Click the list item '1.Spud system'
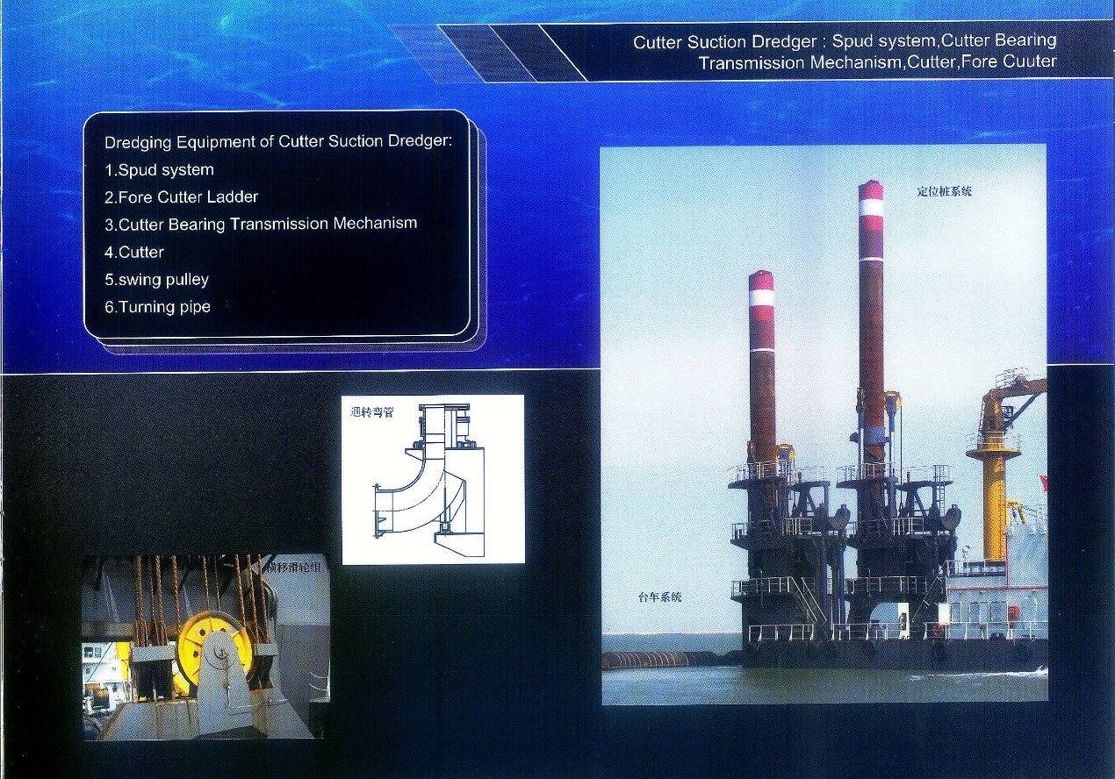coord(159,170)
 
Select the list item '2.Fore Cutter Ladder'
coord(181,197)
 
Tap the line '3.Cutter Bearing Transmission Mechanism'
coord(261,224)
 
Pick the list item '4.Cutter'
coord(134,252)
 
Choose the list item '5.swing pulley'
coord(157,280)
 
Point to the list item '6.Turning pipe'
coord(157,307)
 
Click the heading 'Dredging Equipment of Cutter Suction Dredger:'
coord(278,142)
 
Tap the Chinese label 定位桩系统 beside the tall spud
coord(945,191)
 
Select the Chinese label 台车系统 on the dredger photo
coord(660,597)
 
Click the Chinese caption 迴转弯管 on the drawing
coord(372,412)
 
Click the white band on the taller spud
coord(871,208)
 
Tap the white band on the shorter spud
coord(761,298)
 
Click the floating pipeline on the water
coord(672,660)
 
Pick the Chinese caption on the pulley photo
coord(293,567)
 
